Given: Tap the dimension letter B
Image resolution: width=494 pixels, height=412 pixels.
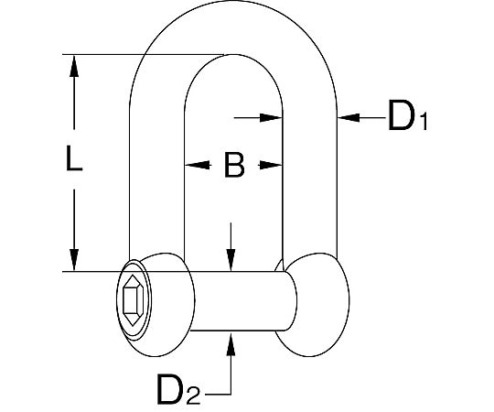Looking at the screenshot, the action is pos(234,165).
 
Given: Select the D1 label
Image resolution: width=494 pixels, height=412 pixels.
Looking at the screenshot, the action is pos(408,115).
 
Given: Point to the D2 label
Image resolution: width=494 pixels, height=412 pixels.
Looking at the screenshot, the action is pos(178,389).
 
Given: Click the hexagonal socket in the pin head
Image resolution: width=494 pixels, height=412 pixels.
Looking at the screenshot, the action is pos(134,300).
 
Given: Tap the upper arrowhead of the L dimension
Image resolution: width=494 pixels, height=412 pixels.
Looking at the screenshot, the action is pos(74,66).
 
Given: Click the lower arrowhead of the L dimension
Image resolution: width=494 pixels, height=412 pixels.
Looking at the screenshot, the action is pos(74,260).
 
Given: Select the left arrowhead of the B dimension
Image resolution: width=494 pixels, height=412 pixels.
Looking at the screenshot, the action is pos(198,165).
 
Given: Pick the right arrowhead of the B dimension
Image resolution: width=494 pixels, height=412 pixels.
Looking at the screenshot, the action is pos(270,165).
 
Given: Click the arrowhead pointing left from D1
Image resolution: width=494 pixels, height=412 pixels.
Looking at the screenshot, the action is pos(349,117).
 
